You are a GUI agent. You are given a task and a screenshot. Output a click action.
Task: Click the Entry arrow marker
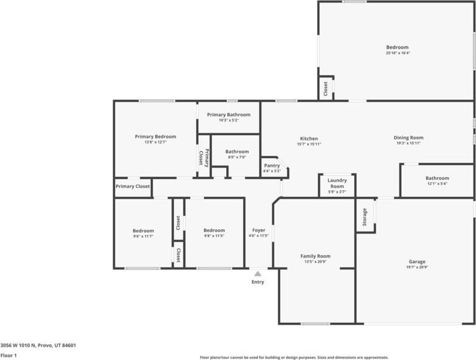click(258, 274)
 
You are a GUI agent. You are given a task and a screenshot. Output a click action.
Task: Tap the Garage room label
click(417, 261)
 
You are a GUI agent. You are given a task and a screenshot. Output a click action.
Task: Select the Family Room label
click(316, 256)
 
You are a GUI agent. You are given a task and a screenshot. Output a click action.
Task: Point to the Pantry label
click(272, 165)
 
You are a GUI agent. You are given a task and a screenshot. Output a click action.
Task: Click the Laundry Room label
click(337, 183)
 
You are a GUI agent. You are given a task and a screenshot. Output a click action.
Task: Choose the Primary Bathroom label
click(229, 114)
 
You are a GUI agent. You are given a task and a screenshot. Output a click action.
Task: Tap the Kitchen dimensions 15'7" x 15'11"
click(309, 144)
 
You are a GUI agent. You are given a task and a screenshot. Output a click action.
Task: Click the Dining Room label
click(409, 138)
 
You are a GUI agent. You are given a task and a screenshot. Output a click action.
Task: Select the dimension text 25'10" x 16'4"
click(398, 53)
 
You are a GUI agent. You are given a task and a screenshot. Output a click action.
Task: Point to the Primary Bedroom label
click(155, 137)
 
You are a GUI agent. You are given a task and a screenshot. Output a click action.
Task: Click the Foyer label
click(258, 230)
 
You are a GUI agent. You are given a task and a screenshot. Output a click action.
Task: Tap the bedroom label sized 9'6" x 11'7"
click(143, 230)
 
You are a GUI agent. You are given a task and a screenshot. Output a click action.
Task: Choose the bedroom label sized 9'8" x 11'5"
click(214, 230)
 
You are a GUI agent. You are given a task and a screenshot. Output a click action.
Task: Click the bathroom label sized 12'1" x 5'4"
click(437, 178)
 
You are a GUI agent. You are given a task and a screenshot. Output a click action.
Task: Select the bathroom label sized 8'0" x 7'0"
click(236, 151)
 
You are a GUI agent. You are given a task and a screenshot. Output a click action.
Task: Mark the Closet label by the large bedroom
click(326, 89)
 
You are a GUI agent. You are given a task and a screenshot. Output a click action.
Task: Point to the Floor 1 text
click(9, 355)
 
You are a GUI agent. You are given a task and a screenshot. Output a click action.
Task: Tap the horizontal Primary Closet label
click(133, 186)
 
